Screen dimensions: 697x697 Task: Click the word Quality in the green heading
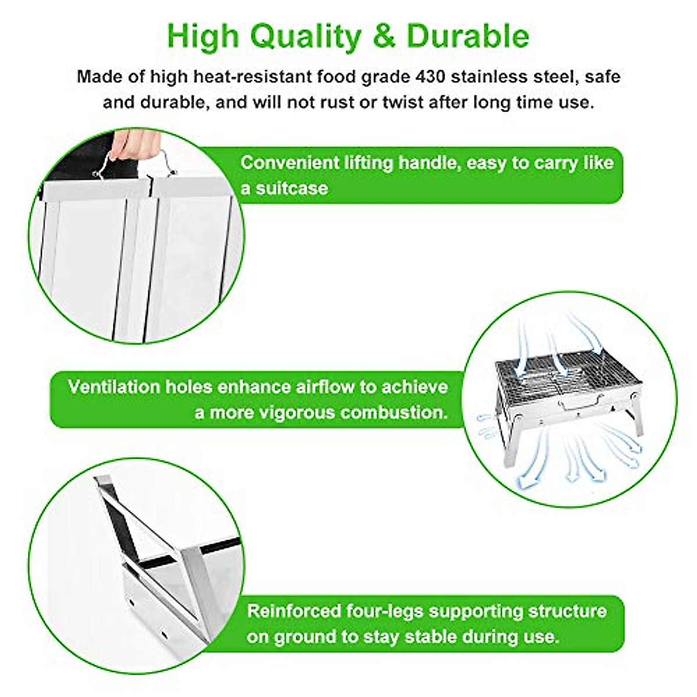tap(306, 36)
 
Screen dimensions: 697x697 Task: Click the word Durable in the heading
tap(468, 36)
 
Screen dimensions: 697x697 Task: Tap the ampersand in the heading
tap(383, 36)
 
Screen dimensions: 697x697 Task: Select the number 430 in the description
tap(462, 77)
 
